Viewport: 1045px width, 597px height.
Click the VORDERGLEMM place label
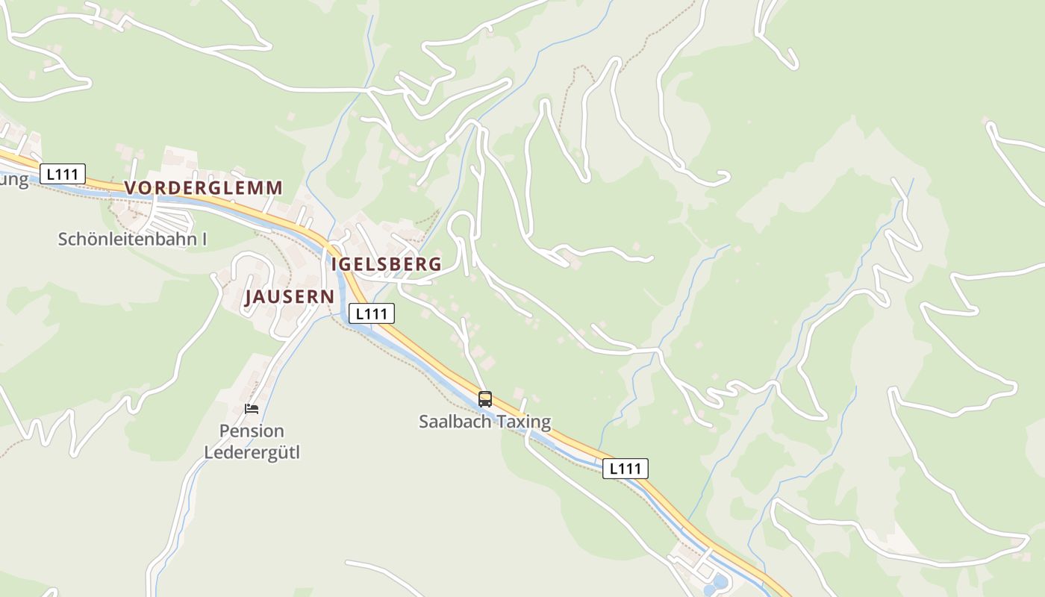click(x=204, y=187)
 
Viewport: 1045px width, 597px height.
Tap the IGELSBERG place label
click(x=386, y=264)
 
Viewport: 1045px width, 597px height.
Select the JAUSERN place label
click(x=290, y=297)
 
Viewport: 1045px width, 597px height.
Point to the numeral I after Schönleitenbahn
click(x=204, y=240)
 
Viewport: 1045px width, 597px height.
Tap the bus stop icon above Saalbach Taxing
click(x=485, y=399)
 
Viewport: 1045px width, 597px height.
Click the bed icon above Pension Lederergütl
click(x=252, y=409)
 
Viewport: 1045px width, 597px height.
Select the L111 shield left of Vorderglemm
click(x=63, y=175)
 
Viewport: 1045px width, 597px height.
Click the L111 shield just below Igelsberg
click(x=371, y=314)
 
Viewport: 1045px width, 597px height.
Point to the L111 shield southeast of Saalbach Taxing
click(x=625, y=469)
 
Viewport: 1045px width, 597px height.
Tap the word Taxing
click(x=523, y=422)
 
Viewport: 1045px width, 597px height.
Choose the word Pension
click(x=252, y=431)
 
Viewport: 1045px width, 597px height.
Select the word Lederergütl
click(x=252, y=452)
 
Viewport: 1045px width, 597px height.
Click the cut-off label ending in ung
click(x=14, y=181)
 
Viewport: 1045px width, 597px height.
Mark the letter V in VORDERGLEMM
click(x=131, y=187)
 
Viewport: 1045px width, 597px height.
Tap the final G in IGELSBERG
click(x=434, y=264)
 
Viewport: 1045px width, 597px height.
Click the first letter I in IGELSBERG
click(x=335, y=264)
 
